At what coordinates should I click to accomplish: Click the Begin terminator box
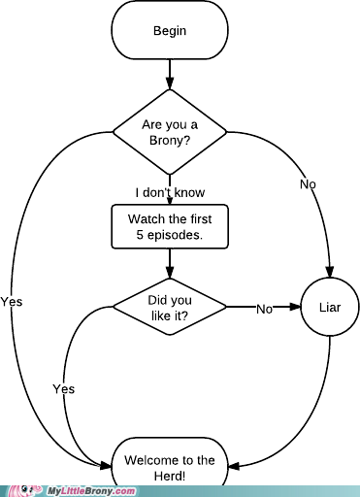pyautogui.click(x=170, y=30)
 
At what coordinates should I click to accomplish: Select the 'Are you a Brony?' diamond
pyautogui.click(x=170, y=132)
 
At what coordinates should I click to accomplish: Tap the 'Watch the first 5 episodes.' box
pyautogui.click(x=170, y=226)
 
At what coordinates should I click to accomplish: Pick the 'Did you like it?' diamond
pyautogui.click(x=170, y=307)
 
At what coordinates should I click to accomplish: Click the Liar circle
pyautogui.click(x=330, y=307)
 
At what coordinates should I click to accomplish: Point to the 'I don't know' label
pyautogui.click(x=170, y=192)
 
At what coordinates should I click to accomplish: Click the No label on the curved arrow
pyautogui.click(x=308, y=184)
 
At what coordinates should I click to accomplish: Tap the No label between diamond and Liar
pyautogui.click(x=265, y=310)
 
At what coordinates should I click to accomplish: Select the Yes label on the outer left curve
pyautogui.click(x=12, y=302)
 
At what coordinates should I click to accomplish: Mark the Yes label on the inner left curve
pyautogui.click(x=64, y=389)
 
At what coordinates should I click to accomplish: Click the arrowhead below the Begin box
pyautogui.click(x=170, y=83)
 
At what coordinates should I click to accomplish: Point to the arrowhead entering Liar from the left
pyautogui.click(x=295, y=307)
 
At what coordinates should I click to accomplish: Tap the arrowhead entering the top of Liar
pyautogui.click(x=330, y=272)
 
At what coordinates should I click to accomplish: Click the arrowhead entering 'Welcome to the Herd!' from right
pyautogui.click(x=234, y=466)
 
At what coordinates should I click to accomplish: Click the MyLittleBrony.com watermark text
pyautogui.click(x=91, y=491)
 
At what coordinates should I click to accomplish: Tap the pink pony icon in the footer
pyautogui.click(x=25, y=491)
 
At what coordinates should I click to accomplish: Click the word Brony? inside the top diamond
pyautogui.click(x=170, y=141)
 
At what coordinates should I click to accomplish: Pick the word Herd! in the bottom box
pyautogui.click(x=170, y=477)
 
